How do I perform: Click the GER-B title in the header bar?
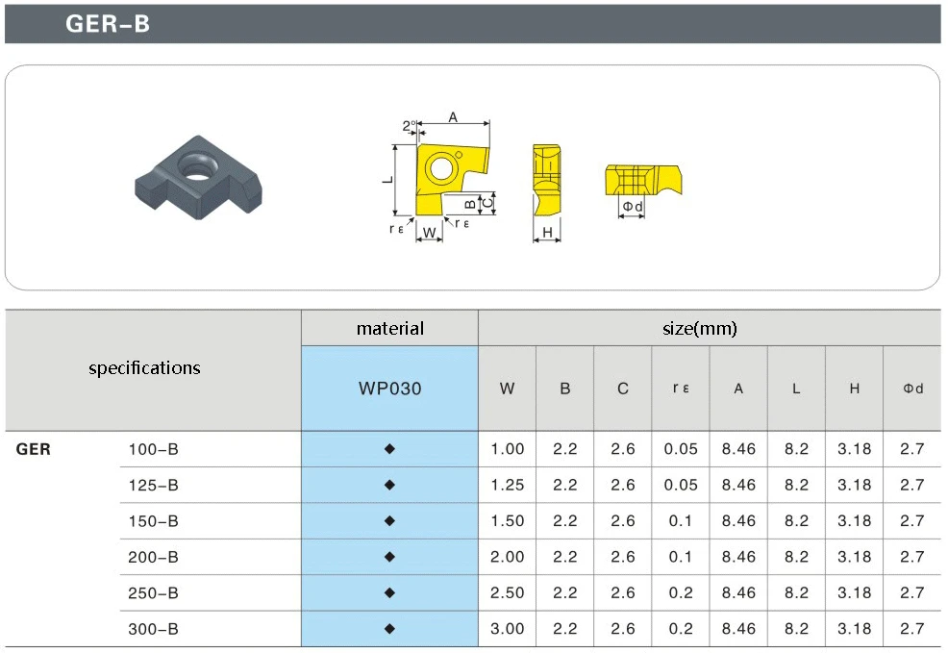pyautogui.click(x=108, y=24)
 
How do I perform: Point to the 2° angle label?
pyautogui.click(x=410, y=126)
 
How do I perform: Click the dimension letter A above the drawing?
pyautogui.click(x=453, y=117)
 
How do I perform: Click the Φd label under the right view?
pyautogui.click(x=633, y=206)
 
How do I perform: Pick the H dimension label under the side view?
pyautogui.click(x=547, y=232)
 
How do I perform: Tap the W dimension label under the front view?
pyautogui.click(x=429, y=232)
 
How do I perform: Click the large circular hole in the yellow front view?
pyautogui.click(x=440, y=167)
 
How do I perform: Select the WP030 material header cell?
pyautogui.click(x=390, y=389)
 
